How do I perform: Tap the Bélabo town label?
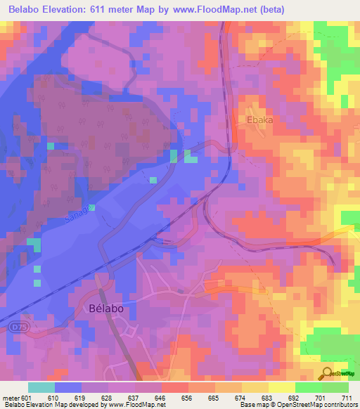pyautogui.click(x=110, y=309)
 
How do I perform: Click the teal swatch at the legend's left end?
pyautogui.click(x=41, y=387)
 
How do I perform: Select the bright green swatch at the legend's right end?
pyautogui.click(x=335, y=387)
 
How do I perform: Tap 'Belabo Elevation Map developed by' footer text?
pyautogui.click(x=41, y=405)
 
